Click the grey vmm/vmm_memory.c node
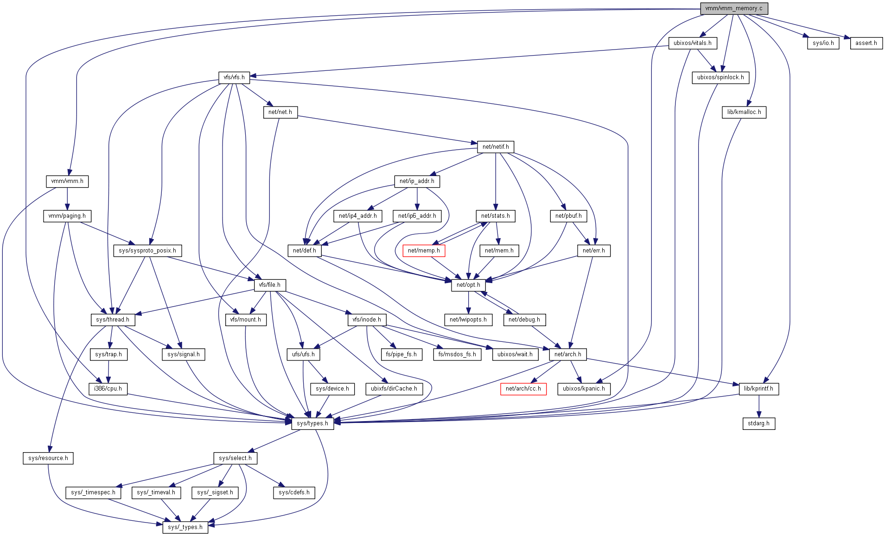pos(733,8)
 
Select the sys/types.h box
pos(312,423)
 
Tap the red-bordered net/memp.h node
pos(424,251)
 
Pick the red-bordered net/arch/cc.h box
pos(523,389)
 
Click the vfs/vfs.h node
pos(234,77)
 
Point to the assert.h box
pos(866,43)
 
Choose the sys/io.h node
pos(823,43)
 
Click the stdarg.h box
pos(758,423)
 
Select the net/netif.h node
pos(496,147)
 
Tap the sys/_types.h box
pos(185,527)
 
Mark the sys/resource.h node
pos(48,458)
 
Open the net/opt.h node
pos(468,285)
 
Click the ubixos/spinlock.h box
pos(720,77)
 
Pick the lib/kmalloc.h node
pos(744,112)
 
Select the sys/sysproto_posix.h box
pos(147,251)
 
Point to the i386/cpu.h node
pos(108,389)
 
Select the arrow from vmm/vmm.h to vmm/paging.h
pos(67,198)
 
